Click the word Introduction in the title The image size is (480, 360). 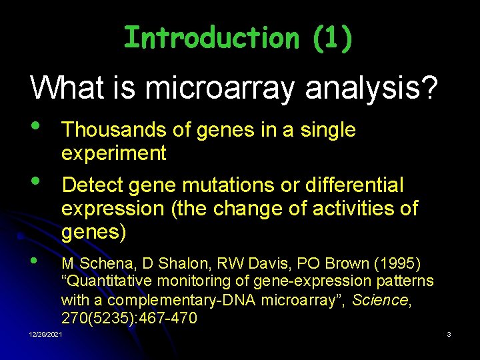(211, 38)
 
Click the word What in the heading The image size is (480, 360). (62, 89)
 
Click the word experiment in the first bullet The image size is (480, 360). (113, 153)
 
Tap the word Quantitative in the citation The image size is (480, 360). (104, 281)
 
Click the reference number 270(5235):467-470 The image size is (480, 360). (129, 319)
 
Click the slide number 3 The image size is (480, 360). (449, 333)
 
